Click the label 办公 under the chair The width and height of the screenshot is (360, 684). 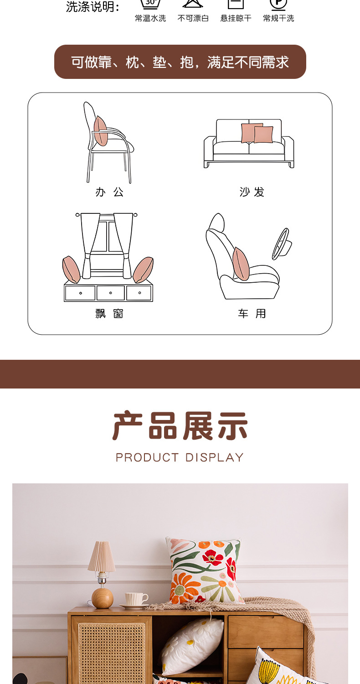coord(109,192)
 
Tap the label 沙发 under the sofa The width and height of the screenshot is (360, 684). coord(252,192)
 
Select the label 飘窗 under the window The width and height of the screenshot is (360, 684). coord(109,314)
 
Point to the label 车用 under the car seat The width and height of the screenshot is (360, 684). coord(252,314)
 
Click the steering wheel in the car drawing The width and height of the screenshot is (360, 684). coord(281,244)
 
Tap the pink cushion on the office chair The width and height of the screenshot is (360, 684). coord(100,131)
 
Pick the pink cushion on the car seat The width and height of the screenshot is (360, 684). coord(241,264)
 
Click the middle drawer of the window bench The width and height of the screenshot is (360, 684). coord(110,293)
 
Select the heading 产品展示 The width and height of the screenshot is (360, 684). coord(180,426)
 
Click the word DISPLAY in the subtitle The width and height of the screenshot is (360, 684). coord(215,457)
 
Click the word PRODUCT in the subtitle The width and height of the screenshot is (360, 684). coord(147,457)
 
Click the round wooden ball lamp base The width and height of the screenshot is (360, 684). coord(102,598)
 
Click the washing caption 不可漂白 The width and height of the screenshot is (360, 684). coord(193,18)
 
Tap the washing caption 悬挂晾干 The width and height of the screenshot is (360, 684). coord(236,18)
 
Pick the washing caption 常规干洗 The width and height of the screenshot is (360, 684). coord(278,18)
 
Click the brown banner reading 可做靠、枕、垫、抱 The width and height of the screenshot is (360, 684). coord(180,62)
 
